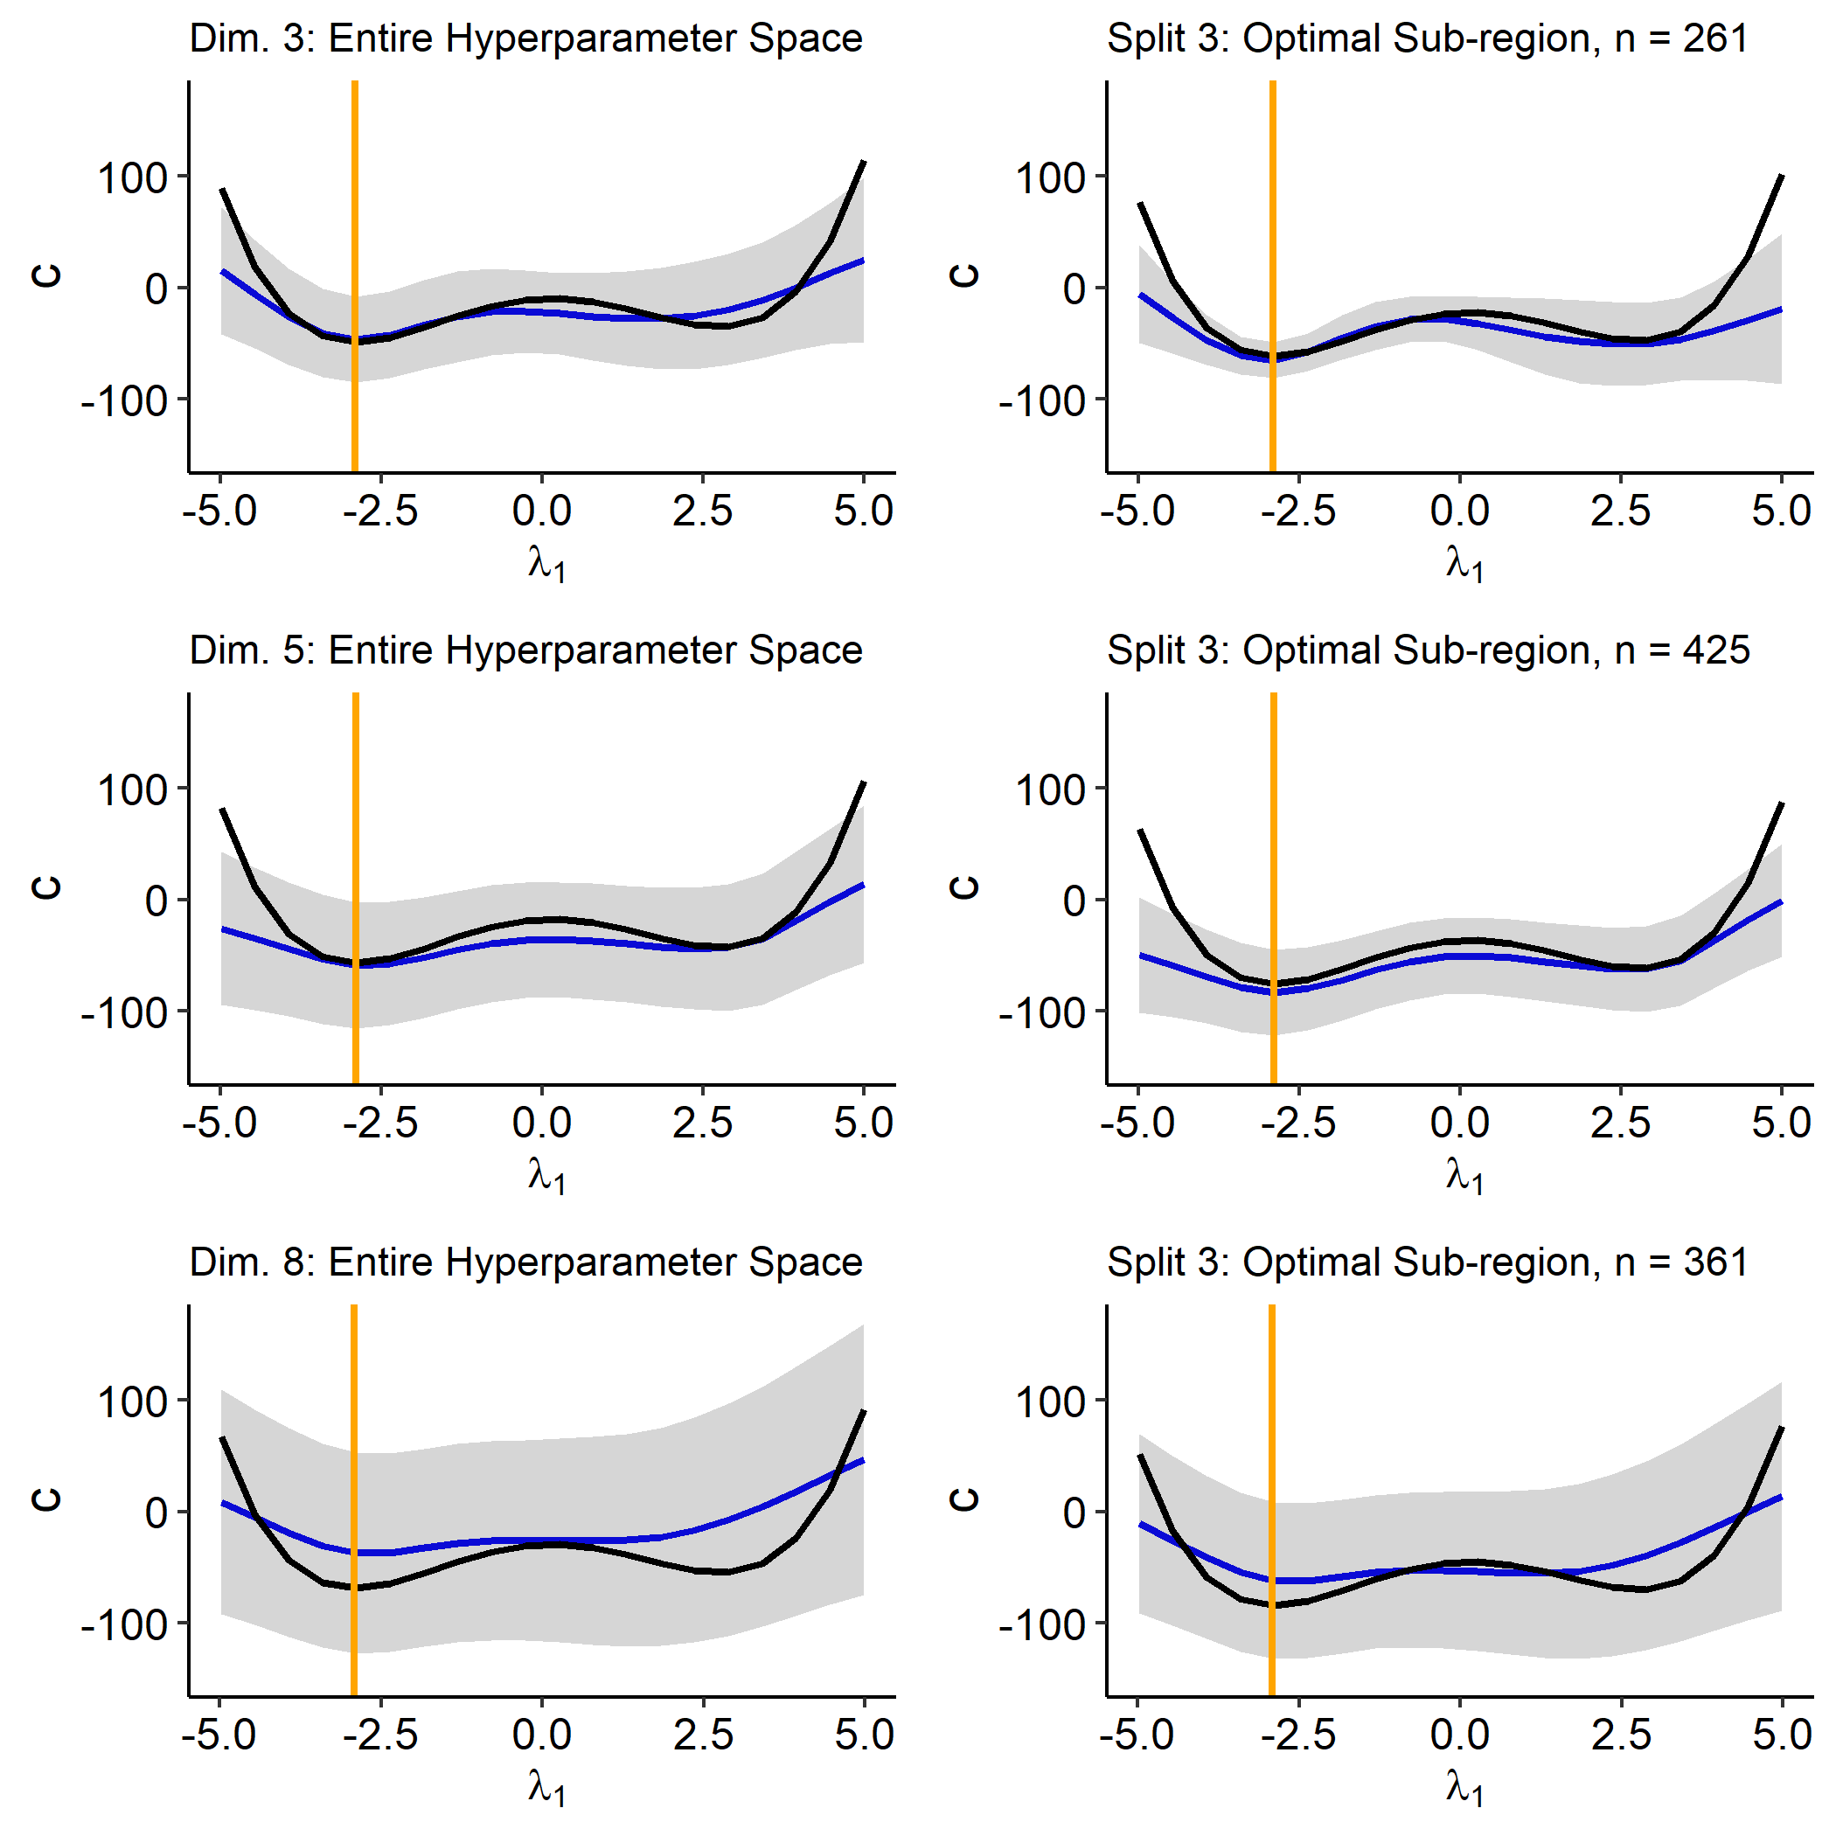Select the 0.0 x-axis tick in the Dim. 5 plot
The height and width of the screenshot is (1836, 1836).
pos(542,1123)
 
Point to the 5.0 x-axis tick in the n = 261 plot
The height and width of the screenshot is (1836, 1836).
pos(1781,511)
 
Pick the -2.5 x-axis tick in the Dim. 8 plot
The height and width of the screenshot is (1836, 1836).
pos(381,1735)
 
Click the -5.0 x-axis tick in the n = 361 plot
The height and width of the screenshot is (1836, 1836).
pos(1137,1735)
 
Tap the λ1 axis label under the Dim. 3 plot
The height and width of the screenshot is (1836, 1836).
pos(546,565)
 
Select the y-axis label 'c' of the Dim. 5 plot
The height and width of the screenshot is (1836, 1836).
pos(45,887)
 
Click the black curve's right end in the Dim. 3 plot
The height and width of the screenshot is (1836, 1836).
pos(863,163)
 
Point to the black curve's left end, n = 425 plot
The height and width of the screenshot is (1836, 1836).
pos(1139,831)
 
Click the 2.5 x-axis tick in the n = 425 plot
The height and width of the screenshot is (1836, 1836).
pos(1620,1123)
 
